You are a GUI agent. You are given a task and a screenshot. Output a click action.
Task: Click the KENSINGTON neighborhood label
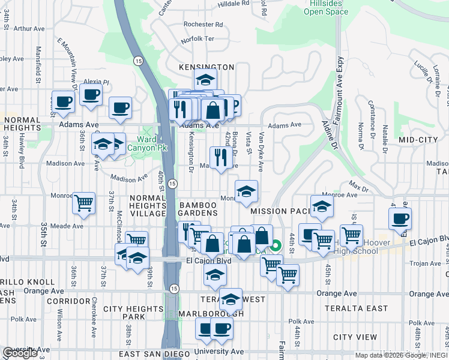click(206, 67)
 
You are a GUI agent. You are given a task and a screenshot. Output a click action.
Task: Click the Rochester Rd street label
click(203, 25)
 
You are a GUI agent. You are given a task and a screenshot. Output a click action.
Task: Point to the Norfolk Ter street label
click(197, 39)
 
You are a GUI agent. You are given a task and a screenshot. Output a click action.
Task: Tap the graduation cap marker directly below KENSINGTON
click(205, 80)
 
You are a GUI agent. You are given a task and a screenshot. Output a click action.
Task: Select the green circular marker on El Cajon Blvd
click(276, 245)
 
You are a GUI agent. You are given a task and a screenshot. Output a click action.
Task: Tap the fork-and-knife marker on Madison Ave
click(220, 157)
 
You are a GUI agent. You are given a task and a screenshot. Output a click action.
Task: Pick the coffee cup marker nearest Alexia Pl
click(91, 94)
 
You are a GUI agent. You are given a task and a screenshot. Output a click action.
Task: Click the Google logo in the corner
click(20, 353)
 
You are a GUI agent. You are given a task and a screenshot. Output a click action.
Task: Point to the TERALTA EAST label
click(349, 308)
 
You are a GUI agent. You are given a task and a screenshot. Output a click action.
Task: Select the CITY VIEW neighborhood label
click(355, 337)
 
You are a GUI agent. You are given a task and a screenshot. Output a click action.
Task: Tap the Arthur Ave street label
click(29, 28)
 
